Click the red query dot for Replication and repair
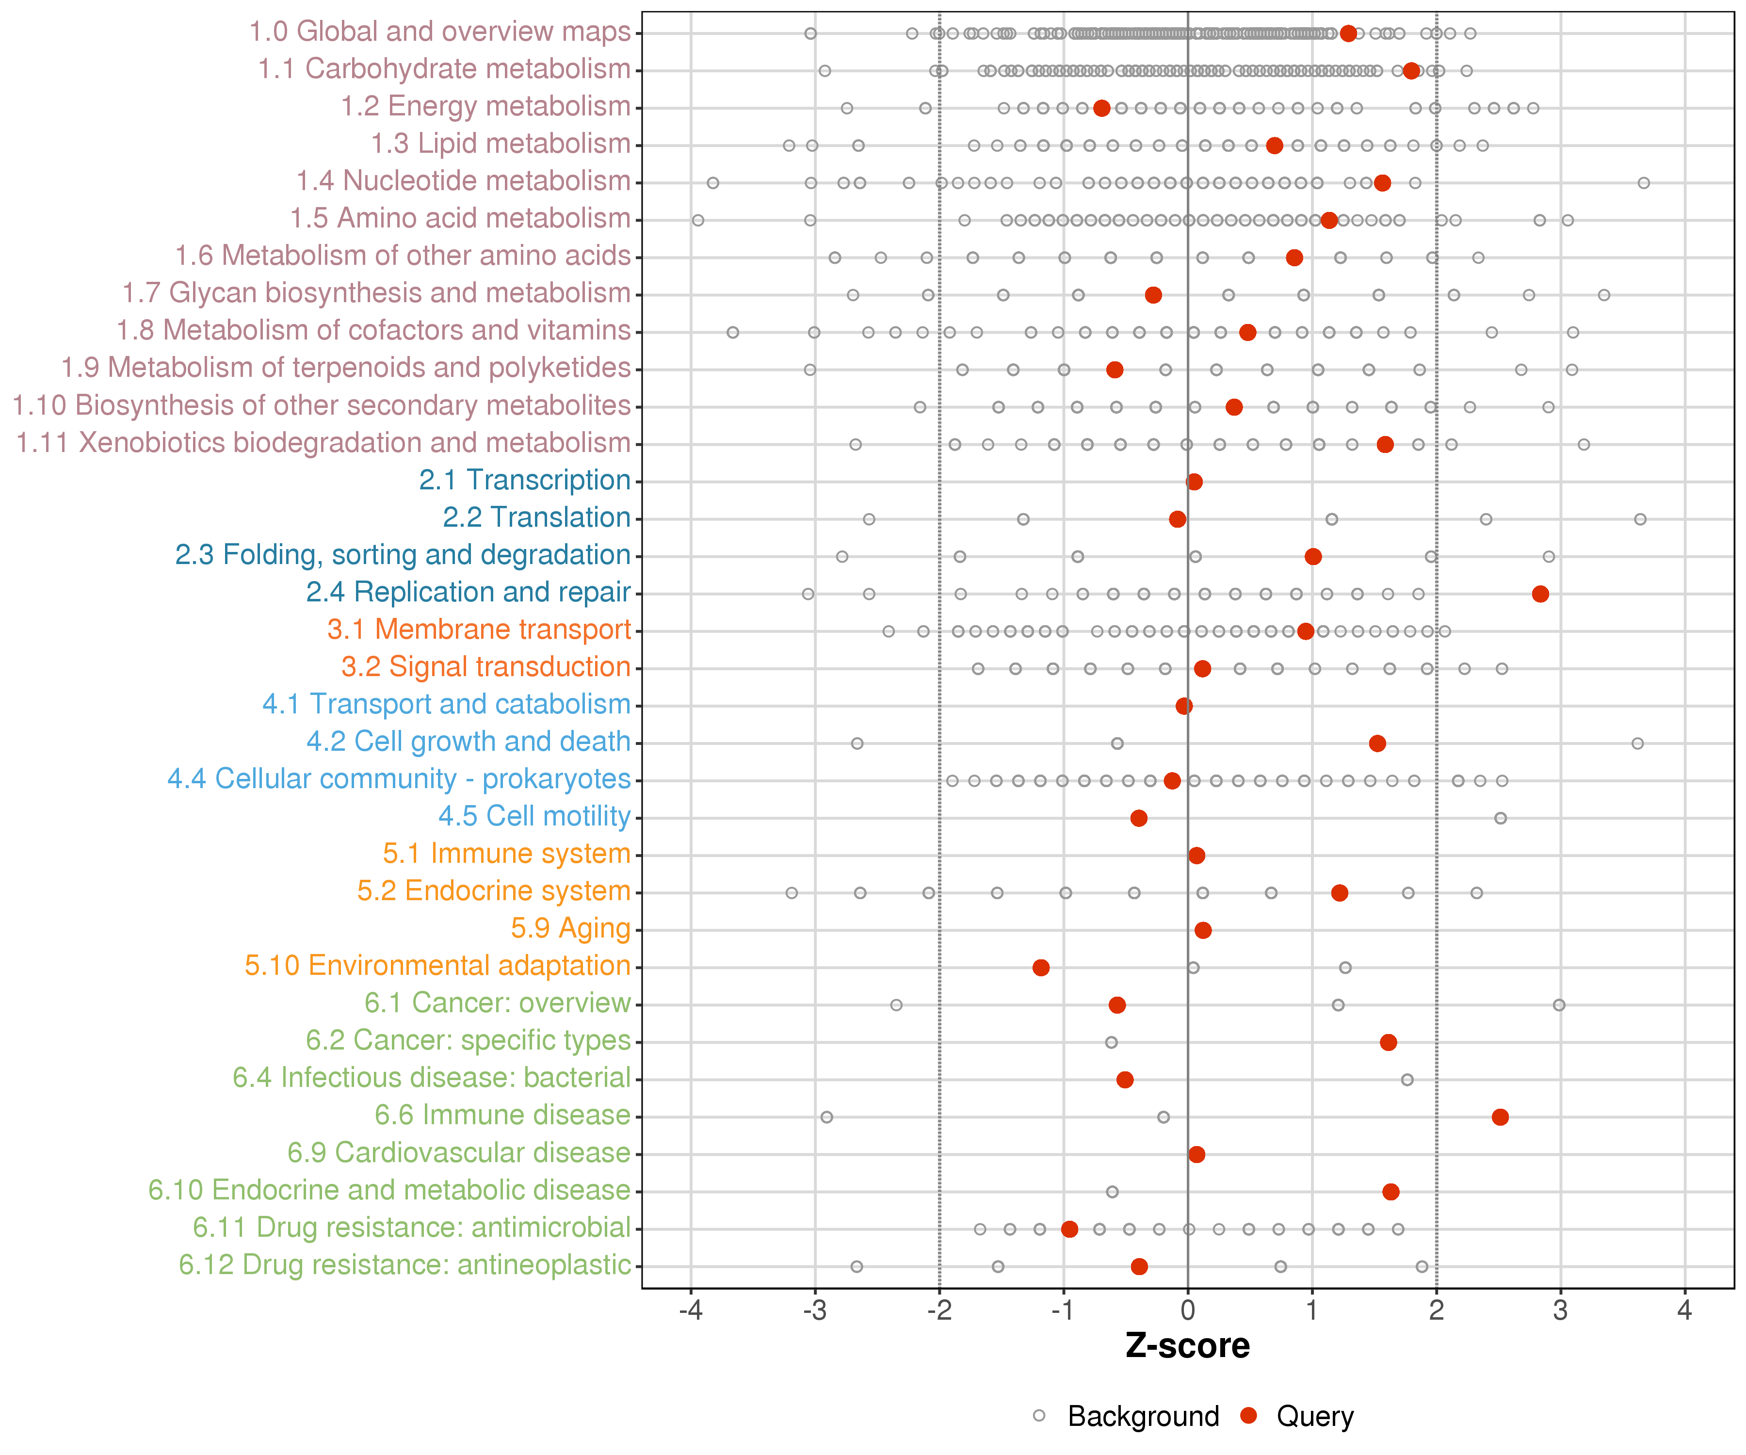point(1540,594)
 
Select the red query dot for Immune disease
point(1500,1116)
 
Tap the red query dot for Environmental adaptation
point(1040,967)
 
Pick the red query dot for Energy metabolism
point(1101,108)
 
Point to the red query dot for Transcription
point(1194,482)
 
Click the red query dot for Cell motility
point(1139,818)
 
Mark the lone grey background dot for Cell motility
point(1500,818)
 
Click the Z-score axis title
point(1187,1346)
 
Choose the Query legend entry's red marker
point(1248,1415)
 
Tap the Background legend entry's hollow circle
point(1039,1415)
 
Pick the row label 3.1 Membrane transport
point(479,630)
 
